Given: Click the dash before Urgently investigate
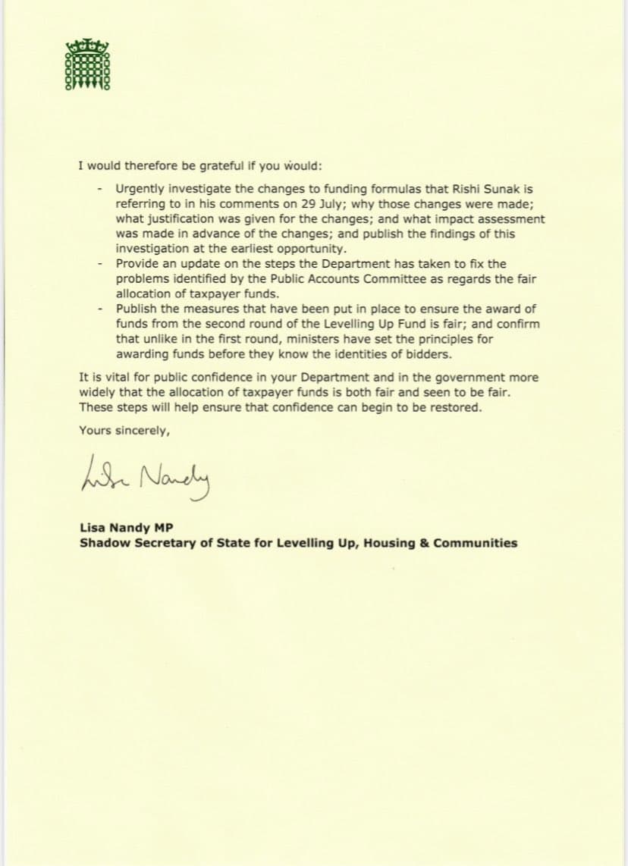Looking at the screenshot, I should [x=100, y=189].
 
